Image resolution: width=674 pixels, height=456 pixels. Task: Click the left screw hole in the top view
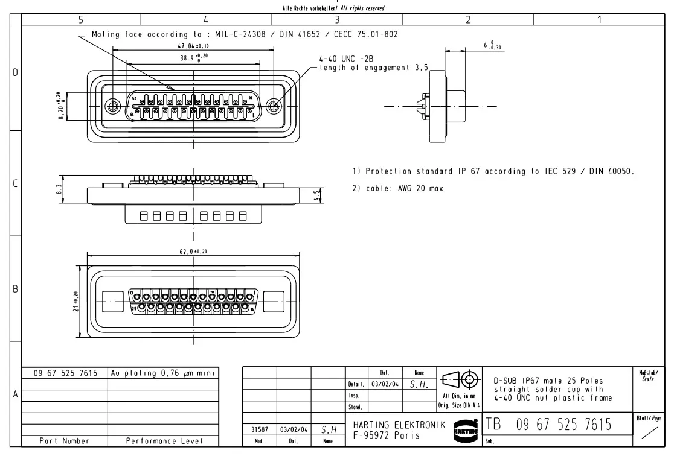point(112,107)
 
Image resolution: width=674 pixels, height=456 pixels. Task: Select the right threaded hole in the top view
point(274,107)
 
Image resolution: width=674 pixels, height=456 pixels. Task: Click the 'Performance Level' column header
point(163,442)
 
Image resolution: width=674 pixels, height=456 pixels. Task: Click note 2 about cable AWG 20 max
point(397,189)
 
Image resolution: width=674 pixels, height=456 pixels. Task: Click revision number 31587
point(259,430)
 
